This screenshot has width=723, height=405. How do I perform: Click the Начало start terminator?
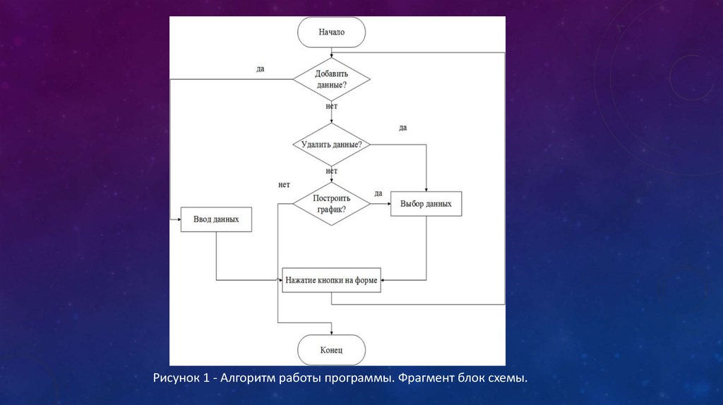tap(331, 32)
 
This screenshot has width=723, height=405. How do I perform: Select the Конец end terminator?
tap(331, 350)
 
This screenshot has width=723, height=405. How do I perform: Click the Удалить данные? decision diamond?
tap(331, 145)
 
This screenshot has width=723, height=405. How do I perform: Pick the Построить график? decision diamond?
tap(331, 205)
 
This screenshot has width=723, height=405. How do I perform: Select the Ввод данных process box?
tap(216, 219)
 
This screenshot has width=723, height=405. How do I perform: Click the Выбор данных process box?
tap(426, 204)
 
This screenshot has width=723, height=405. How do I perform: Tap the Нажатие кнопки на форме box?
tap(331, 280)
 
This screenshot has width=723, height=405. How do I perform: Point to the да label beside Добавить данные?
tap(261, 69)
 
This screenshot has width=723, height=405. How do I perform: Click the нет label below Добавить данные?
tap(332, 107)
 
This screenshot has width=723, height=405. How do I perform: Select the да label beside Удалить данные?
tap(402, 128)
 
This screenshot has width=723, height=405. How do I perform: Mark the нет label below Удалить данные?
tap(332, 171)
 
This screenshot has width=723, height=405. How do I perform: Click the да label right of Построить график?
tap(378, 193)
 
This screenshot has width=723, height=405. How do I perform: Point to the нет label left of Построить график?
tap(284, 185)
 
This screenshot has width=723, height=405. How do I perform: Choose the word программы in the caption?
tap(358, 379)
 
